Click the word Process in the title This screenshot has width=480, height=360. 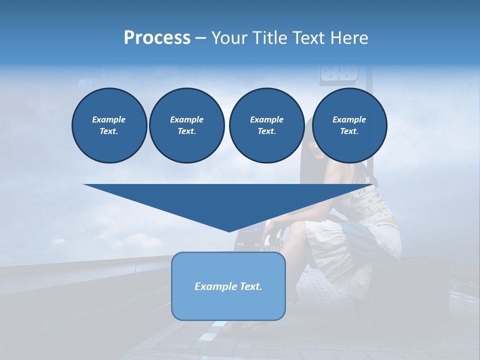coord(157,38)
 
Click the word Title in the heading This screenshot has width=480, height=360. coord(268,38)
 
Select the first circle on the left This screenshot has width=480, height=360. coord(109,125)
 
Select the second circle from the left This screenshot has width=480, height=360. coord(186,125)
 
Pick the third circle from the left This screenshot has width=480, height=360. coord(266,125)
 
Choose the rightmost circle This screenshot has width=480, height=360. coord(349,125)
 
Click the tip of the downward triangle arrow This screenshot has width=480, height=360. coord(229,230)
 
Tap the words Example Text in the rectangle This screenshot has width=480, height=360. coord(228,286)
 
